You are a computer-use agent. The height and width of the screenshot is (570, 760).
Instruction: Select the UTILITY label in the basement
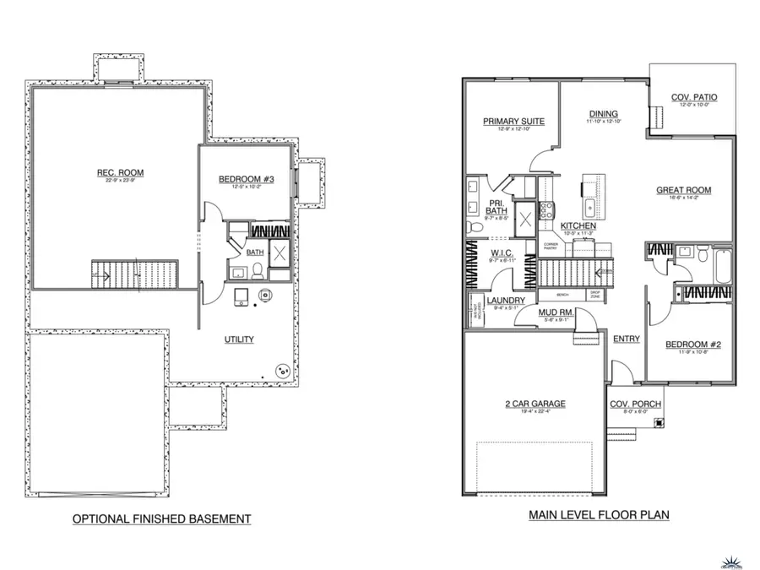click(239, 339)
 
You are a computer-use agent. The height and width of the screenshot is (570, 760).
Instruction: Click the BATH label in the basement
click(255, 252)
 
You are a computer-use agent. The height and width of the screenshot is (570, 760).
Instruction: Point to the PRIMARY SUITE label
click(513, 122)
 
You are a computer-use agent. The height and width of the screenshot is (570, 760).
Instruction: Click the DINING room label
click(603, 114)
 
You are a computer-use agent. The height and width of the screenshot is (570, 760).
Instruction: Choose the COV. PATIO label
click(694, 97)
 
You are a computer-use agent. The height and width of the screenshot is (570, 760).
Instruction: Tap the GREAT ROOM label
click(683, 190)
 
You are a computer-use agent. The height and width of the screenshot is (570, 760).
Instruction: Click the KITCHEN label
click(578, 226)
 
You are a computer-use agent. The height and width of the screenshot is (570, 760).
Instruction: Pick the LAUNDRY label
click(507, 301)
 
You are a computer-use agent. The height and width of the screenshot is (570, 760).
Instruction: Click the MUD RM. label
click(556, 312)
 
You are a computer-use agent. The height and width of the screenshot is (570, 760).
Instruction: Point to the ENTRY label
click(626, 339)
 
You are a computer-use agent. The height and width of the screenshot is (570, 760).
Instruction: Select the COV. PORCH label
click(636, 403)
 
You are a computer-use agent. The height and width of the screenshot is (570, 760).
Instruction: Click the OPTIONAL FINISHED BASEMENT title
click(161, 518)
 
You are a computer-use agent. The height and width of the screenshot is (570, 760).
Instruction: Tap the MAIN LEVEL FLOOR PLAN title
click(599, 514)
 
